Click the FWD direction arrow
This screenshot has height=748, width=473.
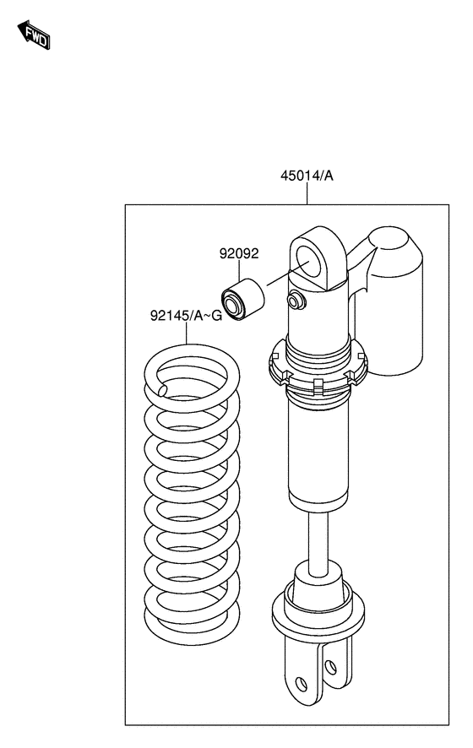coord(34,35)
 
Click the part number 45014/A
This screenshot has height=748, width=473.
coord(307,176)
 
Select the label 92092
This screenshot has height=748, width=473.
coord(239,253)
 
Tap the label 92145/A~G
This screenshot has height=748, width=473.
coord(186,315)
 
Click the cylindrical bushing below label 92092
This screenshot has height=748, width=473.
coord(242,299)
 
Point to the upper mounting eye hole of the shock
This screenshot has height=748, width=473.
coord(309,262)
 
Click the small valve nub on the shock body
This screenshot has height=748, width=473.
coord(296,300)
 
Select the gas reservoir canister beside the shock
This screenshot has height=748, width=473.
coord(395,301)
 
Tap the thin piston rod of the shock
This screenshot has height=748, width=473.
coord(318,537)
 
